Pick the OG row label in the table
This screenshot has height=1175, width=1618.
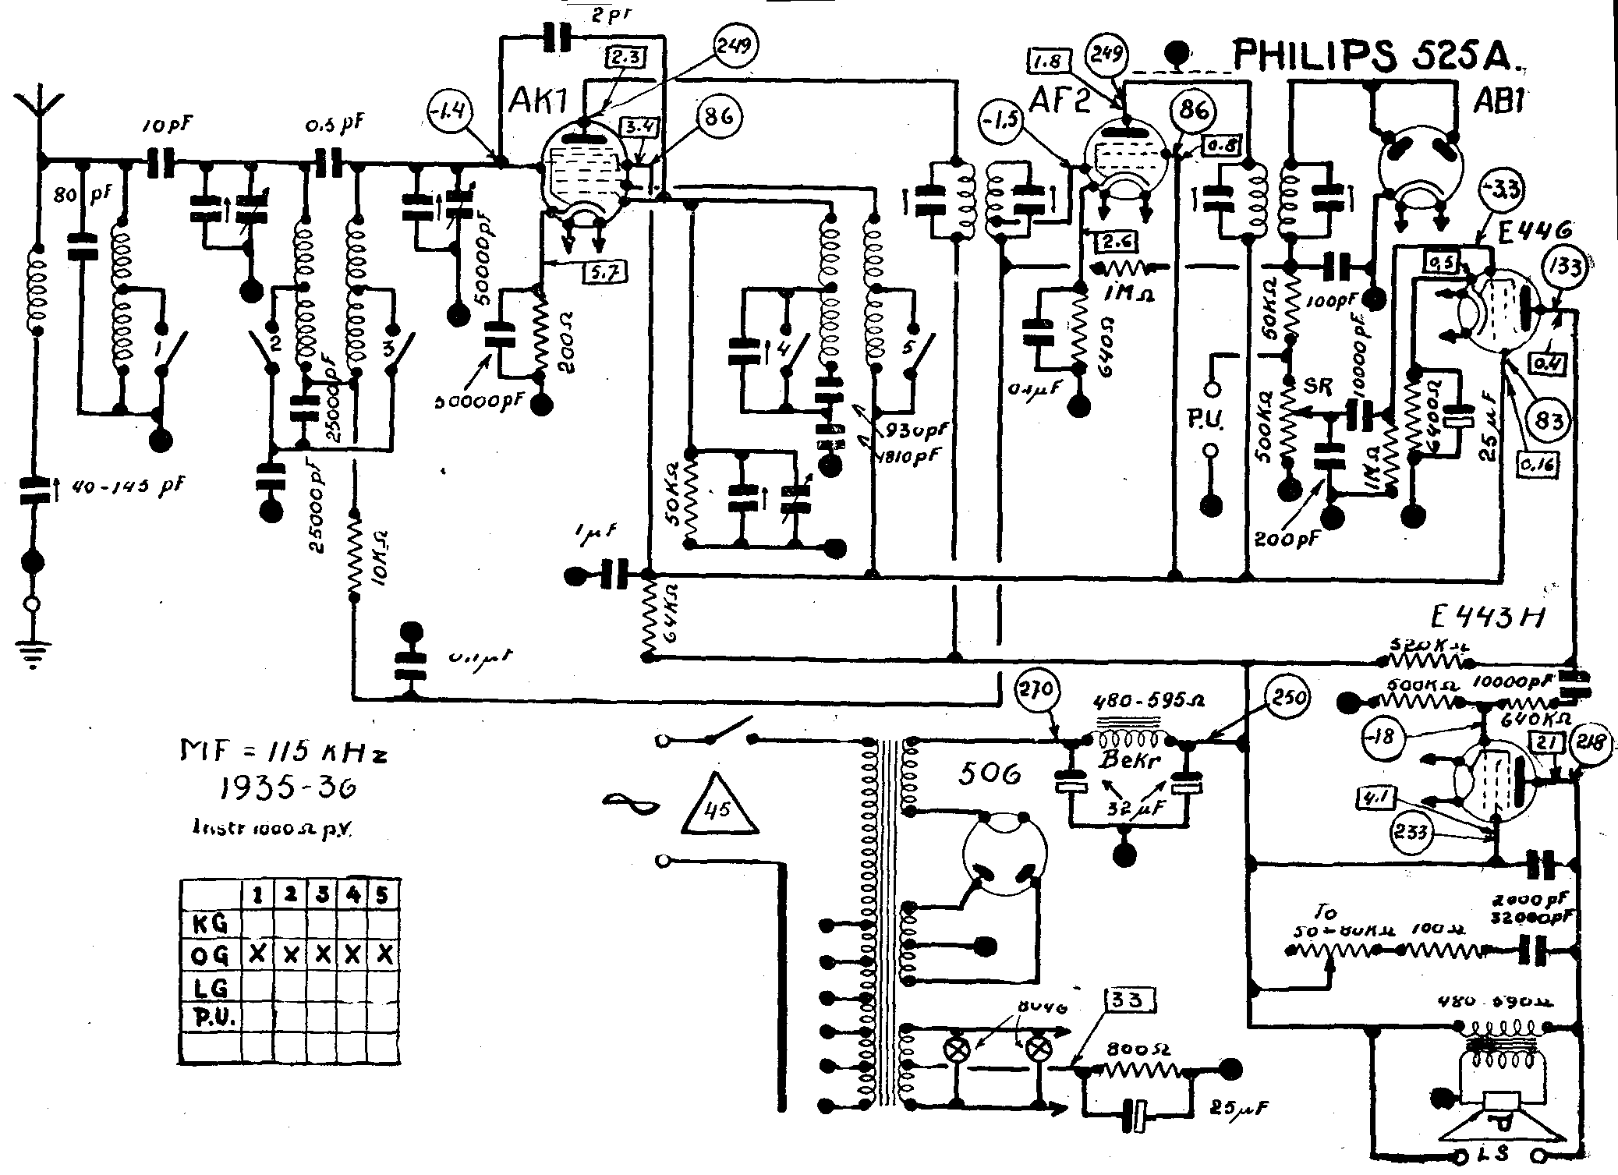210,955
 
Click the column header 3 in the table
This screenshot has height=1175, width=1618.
321,895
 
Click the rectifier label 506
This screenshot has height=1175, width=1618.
989,773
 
